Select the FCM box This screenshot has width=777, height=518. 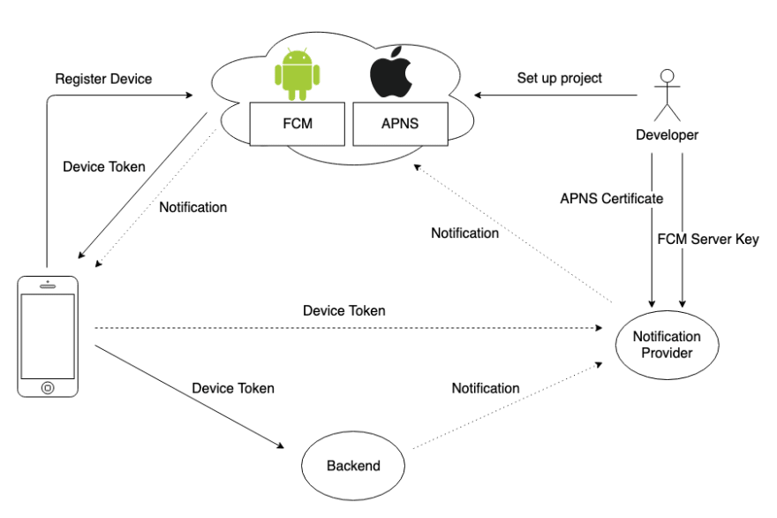pyautogui.click(x=296, y=125)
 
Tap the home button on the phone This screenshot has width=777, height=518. pyautogui.click(x=47, y=386)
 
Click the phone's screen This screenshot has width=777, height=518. pyautogui.click(x=47, y=335)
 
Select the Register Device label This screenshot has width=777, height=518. pyautogui.click(x=103, y=79)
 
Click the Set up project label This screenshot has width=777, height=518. pyautogui.click(x=560, y=78)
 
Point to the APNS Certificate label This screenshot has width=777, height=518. pyautogui.click(x=610, y=198)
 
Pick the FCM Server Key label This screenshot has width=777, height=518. pyautogui.click(x=709, y=239)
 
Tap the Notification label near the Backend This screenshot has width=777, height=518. pyautogui.click(x=486, y=388)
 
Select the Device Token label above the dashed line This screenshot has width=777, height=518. pyautogui.click(x=343, y=311)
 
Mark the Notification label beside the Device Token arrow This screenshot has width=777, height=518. pyautogui.click(x=193, y=208)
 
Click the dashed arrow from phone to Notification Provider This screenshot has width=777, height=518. pyautogui.click(x=353, y=328)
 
